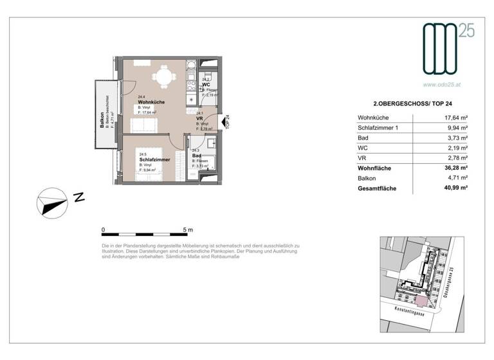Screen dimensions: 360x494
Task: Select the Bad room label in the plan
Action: pyautogui.click(x=196, y=155)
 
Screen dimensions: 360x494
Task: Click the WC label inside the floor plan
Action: pyautogui.click(x=206, y=85)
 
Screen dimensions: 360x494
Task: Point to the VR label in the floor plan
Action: pyautogui.click(x=199, y=118)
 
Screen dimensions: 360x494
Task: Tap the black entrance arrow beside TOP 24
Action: pyautogui.click(x=222, y=122)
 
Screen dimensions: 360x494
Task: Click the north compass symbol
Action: pyautogui.click(x=51, y=204)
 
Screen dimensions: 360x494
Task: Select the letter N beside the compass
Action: pyautogui.click(x=79, y=198)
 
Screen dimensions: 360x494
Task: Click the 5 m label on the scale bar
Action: pyautogui.click(x=188, y=229)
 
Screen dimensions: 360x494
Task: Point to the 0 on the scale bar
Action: pyautogui.click(x=104, y=229)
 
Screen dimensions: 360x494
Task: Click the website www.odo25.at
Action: pyautogui.click(x=444, y=84)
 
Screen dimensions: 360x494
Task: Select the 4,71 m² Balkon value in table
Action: pyautogui.click(x=456, y=179)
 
